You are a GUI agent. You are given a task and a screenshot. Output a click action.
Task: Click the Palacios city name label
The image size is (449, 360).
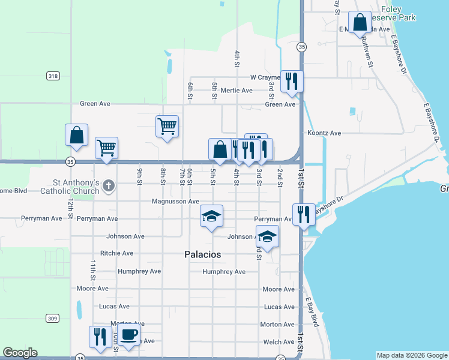pyautogui.click(x=202, y=254)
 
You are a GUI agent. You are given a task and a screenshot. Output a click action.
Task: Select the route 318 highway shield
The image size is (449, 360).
pyautogui.click(x=53, y=76)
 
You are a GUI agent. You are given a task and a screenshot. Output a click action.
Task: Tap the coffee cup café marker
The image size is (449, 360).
pyautogui.click(x=128, y=335)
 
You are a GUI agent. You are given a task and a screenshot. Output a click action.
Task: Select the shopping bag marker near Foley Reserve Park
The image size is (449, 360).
pyautogui.click(x=360, y=23)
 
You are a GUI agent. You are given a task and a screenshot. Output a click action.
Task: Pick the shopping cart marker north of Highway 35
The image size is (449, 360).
pyautogui.click(x=167, y=126)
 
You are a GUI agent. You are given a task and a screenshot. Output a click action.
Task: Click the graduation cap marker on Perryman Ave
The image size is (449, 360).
pyautogui.click(x=211, y=216)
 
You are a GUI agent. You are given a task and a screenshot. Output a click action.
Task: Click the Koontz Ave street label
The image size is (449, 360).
pyautogui.click(x=324, y=133)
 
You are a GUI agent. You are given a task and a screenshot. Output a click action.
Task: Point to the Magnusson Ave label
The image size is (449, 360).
pyautogui.click(x=175, y=202)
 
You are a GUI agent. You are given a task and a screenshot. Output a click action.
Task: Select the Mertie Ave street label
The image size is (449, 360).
pyautogui.click(x=237, y=91)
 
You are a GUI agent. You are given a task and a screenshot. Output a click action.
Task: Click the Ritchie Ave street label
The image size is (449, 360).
pyautogui.click(x=116, y=253)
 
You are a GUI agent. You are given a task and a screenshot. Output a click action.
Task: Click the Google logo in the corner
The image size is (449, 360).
pyautogui.click(x=20, y=353)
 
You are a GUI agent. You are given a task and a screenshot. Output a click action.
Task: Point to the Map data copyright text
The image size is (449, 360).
pyautogui.click(x=412, y=355)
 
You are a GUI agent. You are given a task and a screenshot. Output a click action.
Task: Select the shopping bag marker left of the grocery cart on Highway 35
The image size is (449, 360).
pyautogui.click(x=77, y=135)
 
